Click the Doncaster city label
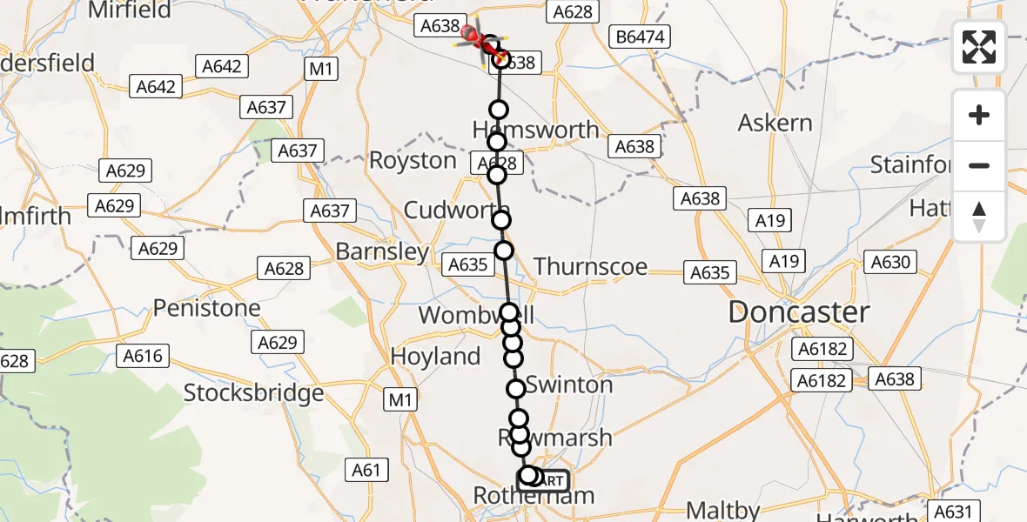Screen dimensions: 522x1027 799,313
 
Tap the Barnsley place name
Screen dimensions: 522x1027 382,252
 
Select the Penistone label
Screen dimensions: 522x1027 207,308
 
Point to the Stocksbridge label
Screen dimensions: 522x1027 253,393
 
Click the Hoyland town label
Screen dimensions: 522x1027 435,357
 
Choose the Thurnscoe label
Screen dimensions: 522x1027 590,266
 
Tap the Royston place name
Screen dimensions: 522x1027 413,161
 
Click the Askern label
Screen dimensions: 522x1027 775,123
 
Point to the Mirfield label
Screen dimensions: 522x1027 130,10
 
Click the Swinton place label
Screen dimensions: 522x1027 569,385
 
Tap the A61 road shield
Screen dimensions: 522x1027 366,471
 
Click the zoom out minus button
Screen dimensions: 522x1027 979,165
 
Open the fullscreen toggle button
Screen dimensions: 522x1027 979,47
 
